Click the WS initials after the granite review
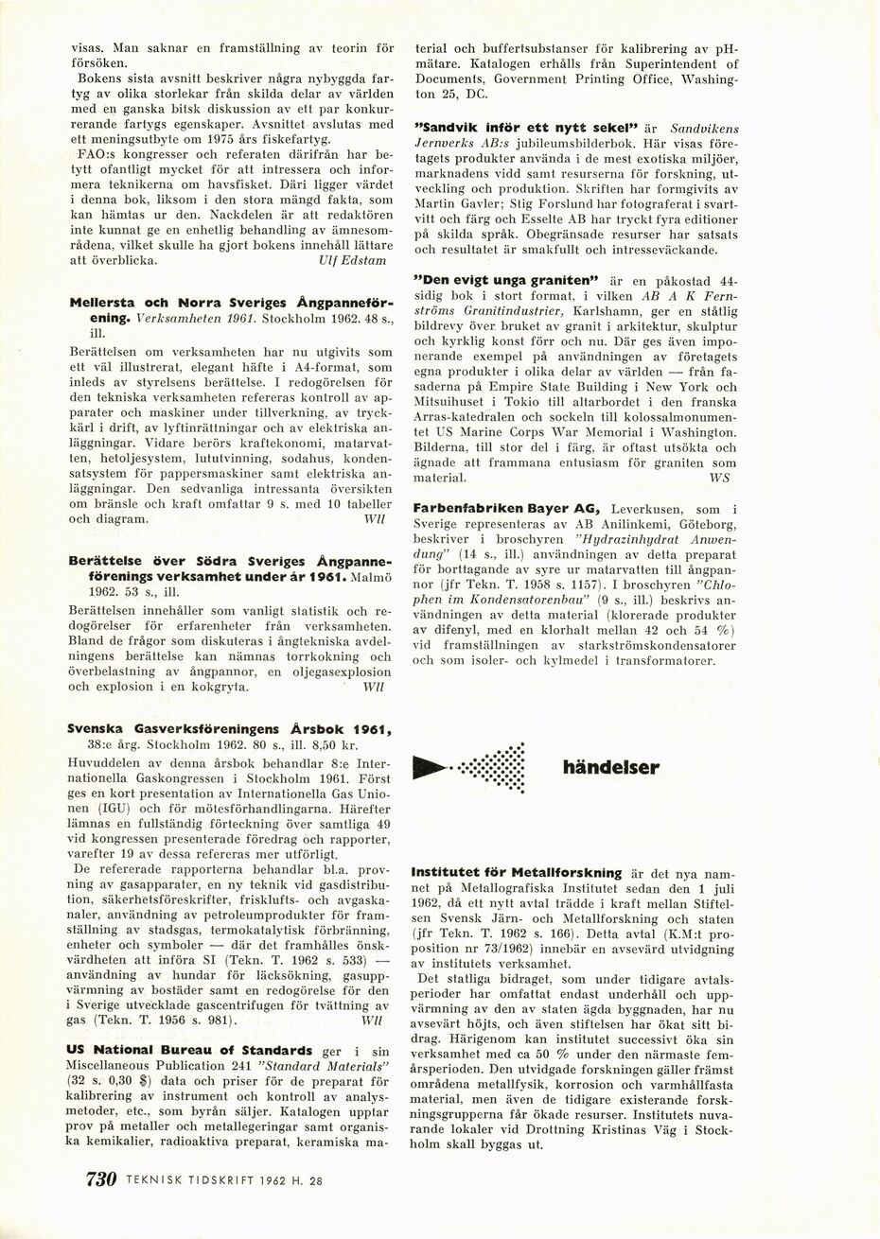coord(719,479)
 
